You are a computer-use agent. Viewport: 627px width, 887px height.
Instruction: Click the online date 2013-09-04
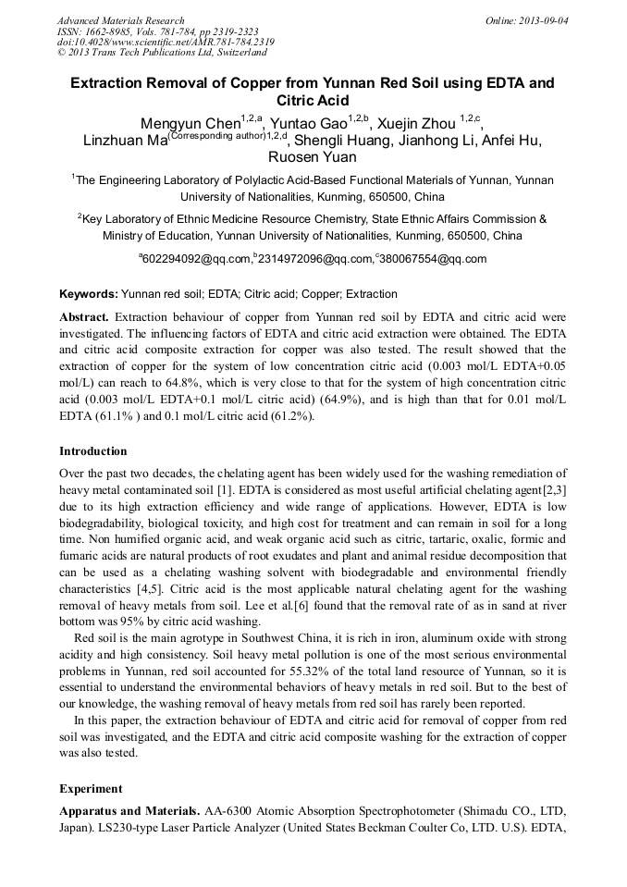543,20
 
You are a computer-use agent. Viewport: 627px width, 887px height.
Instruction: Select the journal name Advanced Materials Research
120,20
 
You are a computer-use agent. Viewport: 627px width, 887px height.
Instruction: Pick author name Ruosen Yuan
313,157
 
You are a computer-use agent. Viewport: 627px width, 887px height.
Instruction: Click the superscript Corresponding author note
216,136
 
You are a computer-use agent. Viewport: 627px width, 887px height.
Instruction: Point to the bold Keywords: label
89,294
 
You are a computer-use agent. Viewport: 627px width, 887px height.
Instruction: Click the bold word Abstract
84,316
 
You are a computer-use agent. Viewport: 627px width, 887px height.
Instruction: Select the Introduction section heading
93,451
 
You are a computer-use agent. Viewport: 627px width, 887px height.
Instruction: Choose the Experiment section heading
91,789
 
